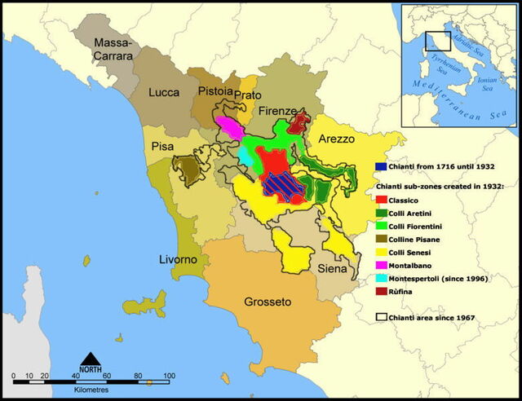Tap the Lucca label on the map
pos(164,93)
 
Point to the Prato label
pos(248,96)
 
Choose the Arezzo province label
pos(336,139)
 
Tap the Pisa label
pos(162,147)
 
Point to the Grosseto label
pos(268,302)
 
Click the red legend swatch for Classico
pos(380,200)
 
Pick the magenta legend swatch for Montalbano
pos(380,265)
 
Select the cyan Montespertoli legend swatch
pos(380,278)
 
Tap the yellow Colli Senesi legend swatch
pos(380,252)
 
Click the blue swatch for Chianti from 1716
pos(380,165)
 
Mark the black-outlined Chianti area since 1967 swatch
pos(380,317)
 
